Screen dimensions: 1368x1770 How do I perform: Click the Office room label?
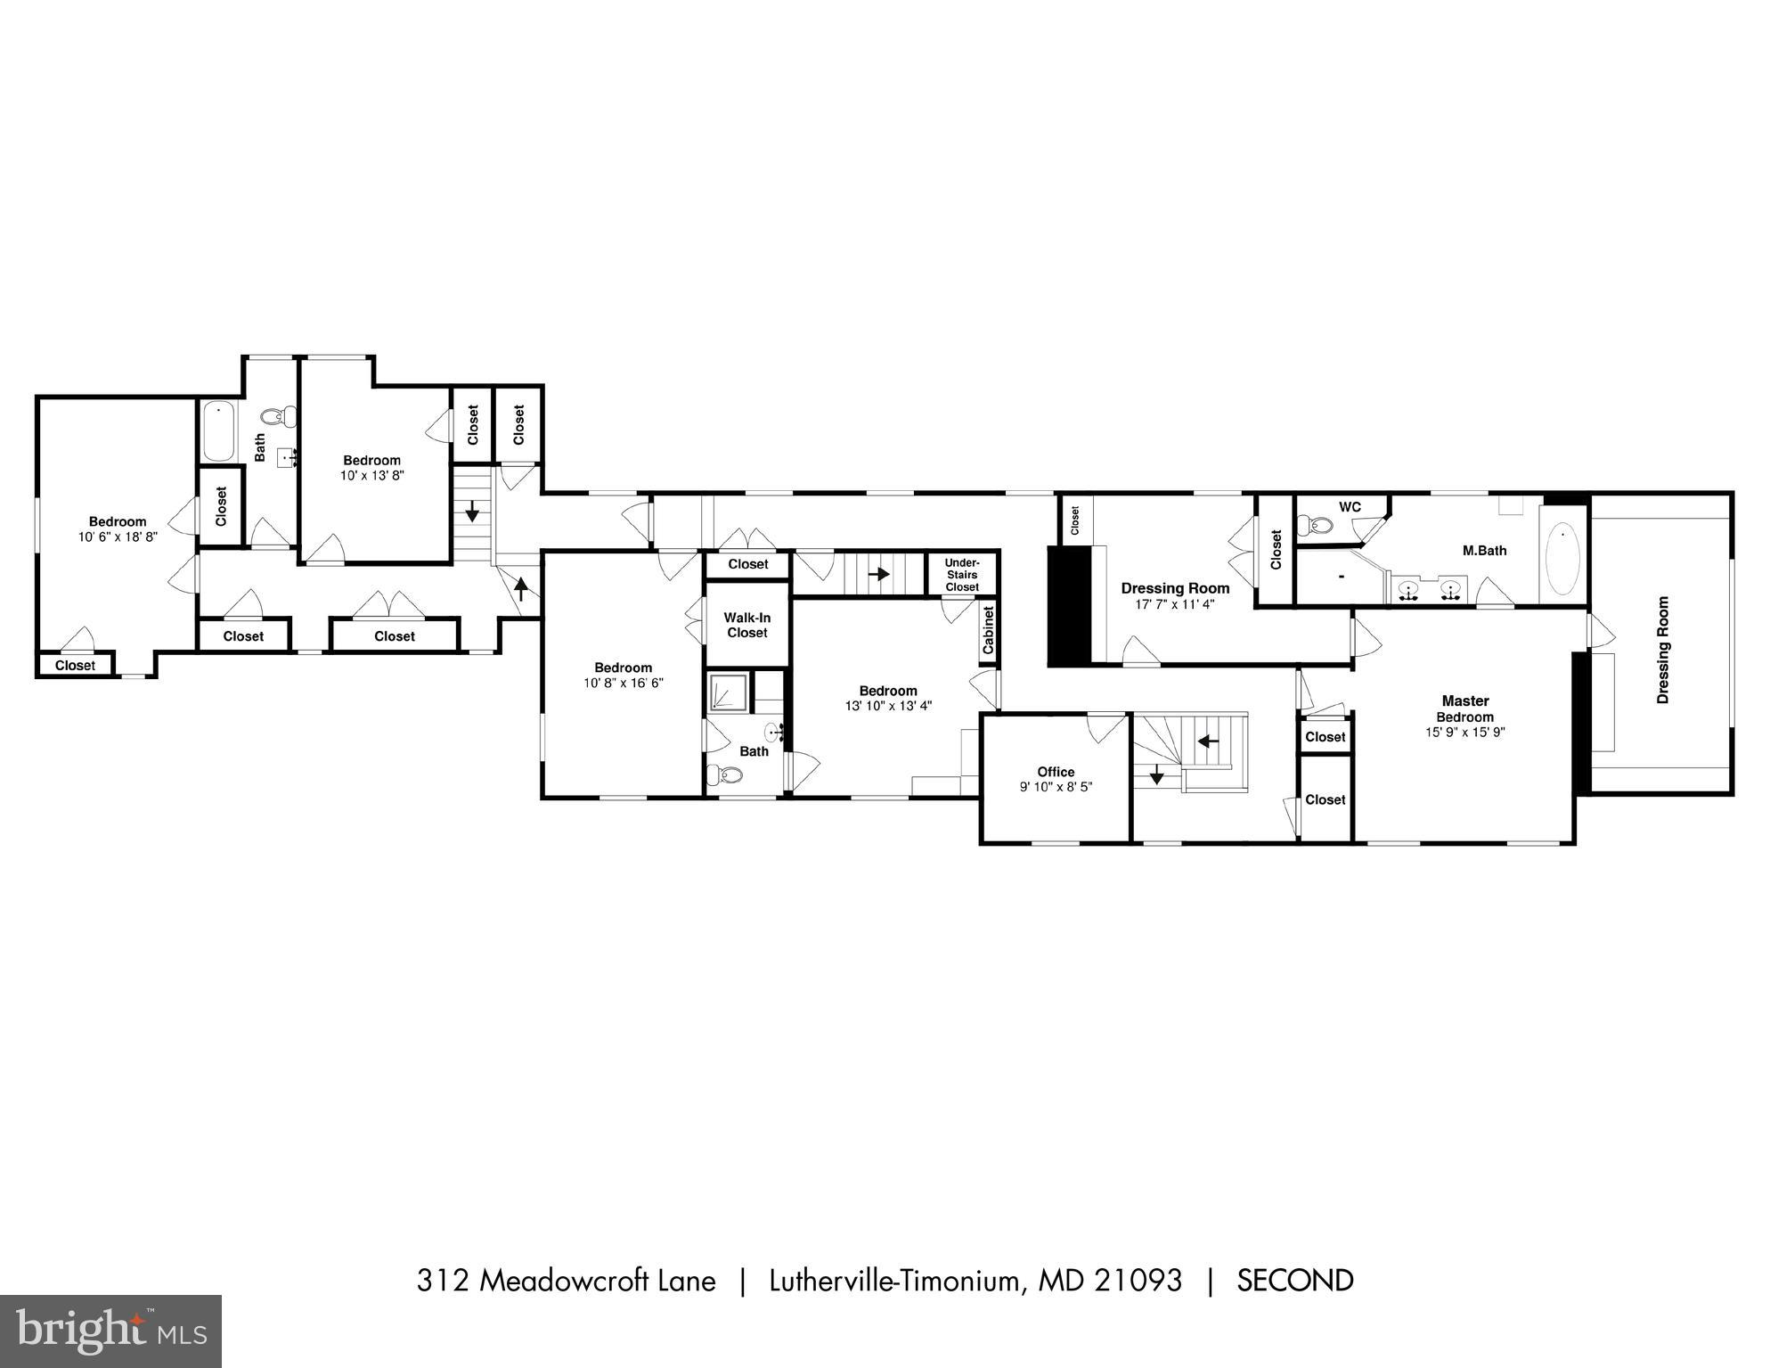click(x=1056, y=772)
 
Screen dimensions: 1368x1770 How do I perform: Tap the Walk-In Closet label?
click(x=746, y=625)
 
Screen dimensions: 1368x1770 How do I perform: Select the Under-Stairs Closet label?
click(x=962, y=575)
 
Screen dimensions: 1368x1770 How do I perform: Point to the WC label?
click(x=1350, y=507)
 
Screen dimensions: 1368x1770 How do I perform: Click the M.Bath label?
click(x=1485, y=551)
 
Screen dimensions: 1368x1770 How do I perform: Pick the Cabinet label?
click(x=988, y=631)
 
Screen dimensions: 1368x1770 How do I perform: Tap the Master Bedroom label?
click(x=1465, y=709)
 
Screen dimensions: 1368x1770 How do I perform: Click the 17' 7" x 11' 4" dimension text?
click(x=1175, y=604)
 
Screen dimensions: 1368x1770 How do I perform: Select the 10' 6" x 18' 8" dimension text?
click(x=118, y=537)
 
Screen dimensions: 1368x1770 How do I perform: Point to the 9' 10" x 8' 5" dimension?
click(x=1056, y=787)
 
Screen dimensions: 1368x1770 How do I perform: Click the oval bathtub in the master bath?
click(x=1562, y=559)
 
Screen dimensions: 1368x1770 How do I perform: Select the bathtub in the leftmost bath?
click(x=217, y=431)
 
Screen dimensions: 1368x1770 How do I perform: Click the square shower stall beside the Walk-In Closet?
click(x=728, y=692)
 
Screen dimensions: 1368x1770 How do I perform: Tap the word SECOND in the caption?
click(x=1295, y=1281)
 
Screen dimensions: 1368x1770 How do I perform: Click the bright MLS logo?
click(x=110, y=1331)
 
